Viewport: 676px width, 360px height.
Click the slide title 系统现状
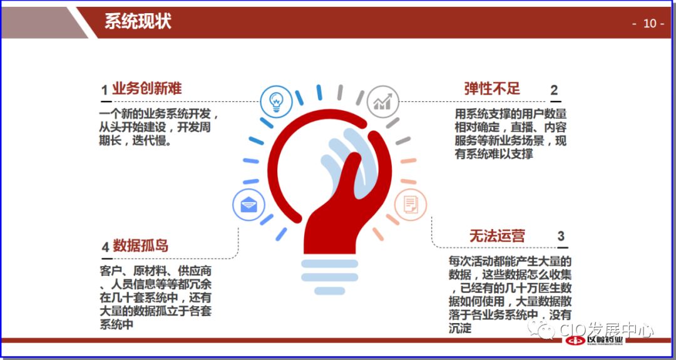[138, 22]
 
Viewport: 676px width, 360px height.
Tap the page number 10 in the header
[649, 23]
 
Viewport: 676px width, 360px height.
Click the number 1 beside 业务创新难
[105, 90]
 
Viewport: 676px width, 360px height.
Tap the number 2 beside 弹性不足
[554, 90]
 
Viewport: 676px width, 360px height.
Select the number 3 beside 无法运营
[561, 236]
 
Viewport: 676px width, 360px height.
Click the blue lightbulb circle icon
[276, 101]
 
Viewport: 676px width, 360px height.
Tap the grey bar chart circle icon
[382, 100]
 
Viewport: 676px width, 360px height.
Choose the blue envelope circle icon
[248, 203]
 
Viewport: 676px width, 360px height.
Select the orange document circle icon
[411, 204]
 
